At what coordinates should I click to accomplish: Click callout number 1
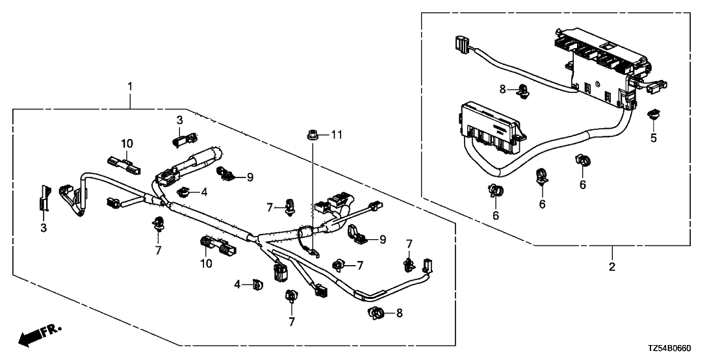point(130,86)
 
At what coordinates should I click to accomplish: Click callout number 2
point(612,266)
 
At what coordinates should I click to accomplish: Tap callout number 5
point(654,137)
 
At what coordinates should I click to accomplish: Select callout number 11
point(337,135)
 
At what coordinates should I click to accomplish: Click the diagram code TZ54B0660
point(671,348)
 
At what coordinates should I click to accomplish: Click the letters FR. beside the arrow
point(51,330)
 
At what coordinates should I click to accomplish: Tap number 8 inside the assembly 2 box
point(502,89)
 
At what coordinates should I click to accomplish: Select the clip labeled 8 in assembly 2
point(522,91)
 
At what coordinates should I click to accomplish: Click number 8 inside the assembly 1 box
point(400,313)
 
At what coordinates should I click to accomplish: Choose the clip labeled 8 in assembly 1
point(376,313)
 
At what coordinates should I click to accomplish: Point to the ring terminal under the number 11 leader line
point(313,251)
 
